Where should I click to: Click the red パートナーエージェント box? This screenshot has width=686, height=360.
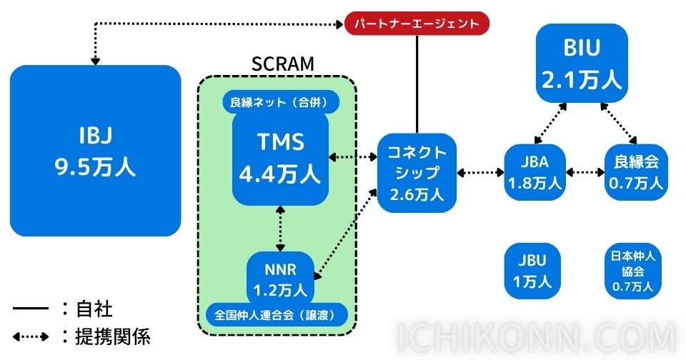(x=417, y=24)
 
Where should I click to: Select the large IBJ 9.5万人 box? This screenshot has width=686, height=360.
(x=95, y=151)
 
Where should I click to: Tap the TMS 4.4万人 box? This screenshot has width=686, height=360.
(x=280, y=157)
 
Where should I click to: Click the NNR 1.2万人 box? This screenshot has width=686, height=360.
(x=279, y=279)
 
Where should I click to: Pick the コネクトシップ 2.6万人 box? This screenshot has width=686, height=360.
(x=417, y=172)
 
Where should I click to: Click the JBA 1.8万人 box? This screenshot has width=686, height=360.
(x=535, y=172)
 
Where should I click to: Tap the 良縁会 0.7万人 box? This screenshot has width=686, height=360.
(x=635, y=172)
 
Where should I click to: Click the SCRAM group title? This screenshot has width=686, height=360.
(x=282, y=64)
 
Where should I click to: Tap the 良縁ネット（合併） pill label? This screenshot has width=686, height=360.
(x=280, y=101)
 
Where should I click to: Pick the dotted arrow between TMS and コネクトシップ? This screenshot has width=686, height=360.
(x=352, y=156)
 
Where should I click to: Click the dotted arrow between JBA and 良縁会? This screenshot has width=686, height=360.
(x=585, y=172)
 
